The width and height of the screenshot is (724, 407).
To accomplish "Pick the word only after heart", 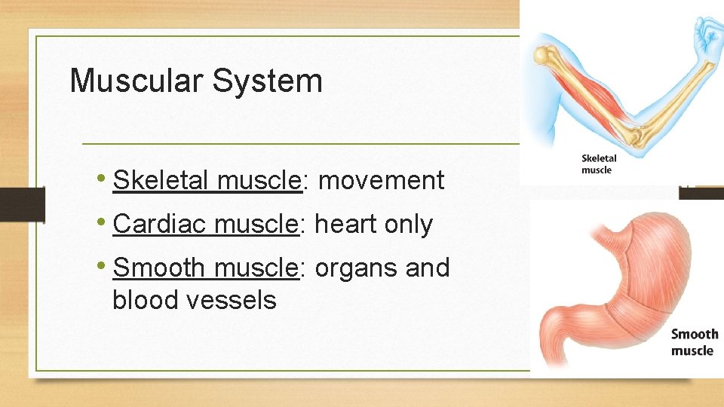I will coord(409,224).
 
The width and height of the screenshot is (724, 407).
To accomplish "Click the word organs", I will coord(357,268).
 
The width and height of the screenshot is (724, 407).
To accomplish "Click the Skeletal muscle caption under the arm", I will coord(599,164).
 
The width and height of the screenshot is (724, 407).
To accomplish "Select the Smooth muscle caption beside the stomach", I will coord(694,342).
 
